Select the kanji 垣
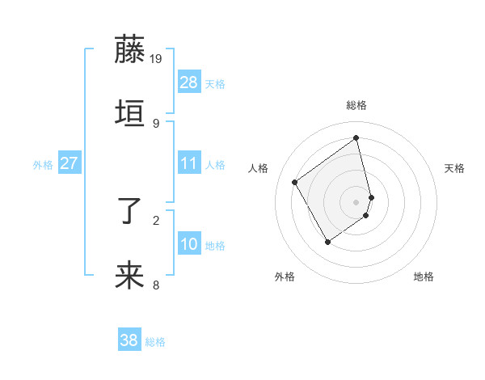click(130, 113)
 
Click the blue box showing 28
click(189, 82)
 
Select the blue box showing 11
click(189, 163)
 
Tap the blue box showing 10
click(189, 244)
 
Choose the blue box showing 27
click(70, 163)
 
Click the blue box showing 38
click(129, 340)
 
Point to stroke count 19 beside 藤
click(156, 58)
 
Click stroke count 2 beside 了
click(156, 220)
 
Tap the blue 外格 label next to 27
click(43, 164)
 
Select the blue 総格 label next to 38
click(155, 342)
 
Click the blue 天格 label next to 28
click(215, 83)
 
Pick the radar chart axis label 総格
click(356, 105)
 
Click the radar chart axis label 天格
click(454, 168)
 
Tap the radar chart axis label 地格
click(424, 277)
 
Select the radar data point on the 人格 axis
click(295, 182)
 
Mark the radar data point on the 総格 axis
click(356, 137)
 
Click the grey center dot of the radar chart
click(356, 201)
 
